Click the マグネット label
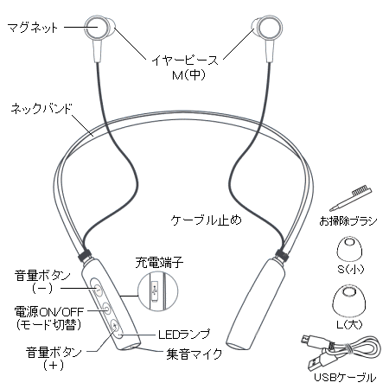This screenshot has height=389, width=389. pos(32,28)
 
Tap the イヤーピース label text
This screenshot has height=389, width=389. pos(185,60)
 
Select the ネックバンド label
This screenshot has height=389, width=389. pos(41,109)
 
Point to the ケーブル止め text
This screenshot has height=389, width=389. pos(206,220)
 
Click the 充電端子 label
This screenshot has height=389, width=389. pos(159,262)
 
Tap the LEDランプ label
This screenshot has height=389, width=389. pos(184,335)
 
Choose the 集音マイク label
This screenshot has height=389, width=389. pos(194,354)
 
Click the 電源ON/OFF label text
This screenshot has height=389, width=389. pos(49,311)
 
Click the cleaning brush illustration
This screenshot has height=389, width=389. pos(350,199)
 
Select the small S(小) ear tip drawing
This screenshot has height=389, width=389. pos(349,251)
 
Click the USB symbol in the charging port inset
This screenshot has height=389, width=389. pos(156,290)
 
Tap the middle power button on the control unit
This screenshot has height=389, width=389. pos(105,309)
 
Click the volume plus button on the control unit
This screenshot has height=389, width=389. pos(114,326)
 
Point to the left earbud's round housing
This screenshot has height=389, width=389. pos(97,28)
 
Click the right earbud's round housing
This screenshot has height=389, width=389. pos(269,28)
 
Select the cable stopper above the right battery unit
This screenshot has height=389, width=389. pos(282,253)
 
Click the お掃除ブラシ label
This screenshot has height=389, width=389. pos(348,221)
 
